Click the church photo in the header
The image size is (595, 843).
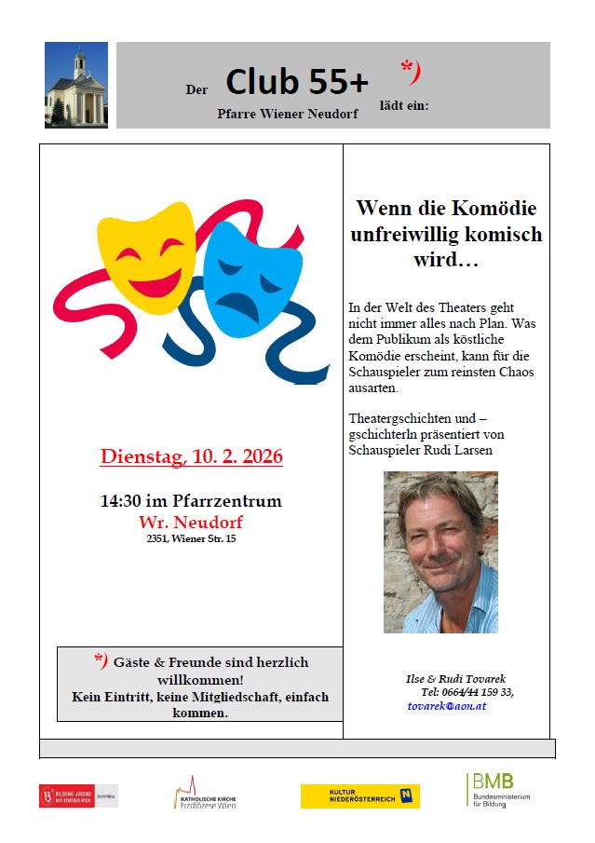[76, 85]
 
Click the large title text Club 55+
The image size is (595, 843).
[297, 83]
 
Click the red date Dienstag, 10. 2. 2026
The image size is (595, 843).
[191, 457]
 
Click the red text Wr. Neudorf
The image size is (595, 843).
[191, 521]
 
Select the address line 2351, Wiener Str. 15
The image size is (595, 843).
[191, 538]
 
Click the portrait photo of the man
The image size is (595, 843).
[440, 552]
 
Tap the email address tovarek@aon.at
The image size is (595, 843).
[447, 706]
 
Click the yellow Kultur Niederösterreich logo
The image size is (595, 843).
[359, 795]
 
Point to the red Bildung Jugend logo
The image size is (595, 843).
[78, 795]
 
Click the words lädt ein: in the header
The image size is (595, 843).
[403, 105]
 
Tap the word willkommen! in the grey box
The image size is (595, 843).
[200, 679]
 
